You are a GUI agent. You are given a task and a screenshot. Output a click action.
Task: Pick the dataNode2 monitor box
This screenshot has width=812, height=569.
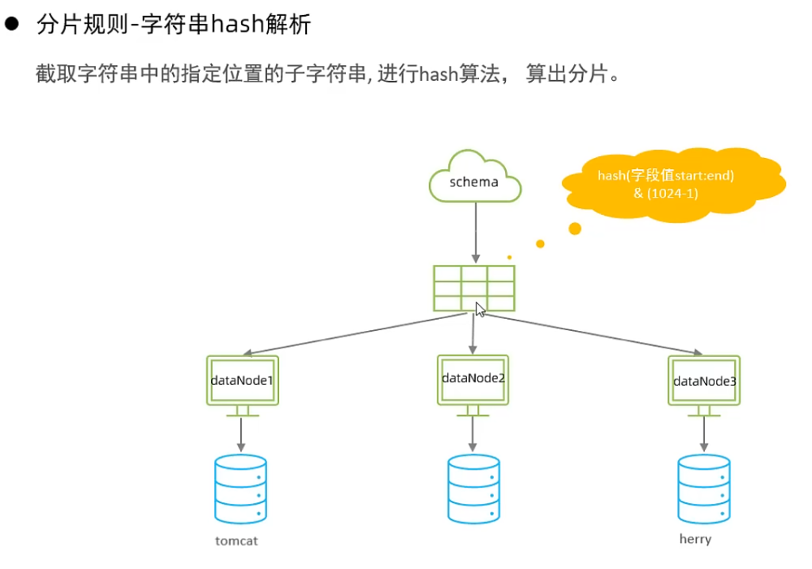click(x=473, y=379)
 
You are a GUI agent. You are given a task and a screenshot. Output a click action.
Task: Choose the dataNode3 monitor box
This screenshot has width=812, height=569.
click(x=704, y=381)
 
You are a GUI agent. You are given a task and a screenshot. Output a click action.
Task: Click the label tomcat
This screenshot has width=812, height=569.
click(x=237, y=541)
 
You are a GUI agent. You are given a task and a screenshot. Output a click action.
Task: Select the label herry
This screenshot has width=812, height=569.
click(x=695, y=539)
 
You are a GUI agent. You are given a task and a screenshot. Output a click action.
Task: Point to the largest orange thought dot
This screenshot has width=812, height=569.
click(x=575, y=229)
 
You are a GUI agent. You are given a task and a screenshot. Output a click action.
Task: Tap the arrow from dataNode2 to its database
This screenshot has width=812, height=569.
click(x=473, y=433)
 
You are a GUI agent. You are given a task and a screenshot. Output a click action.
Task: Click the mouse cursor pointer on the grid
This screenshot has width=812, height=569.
click(x=480, y=309)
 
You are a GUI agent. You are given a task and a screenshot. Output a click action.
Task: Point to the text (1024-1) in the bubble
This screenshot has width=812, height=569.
click(x=666, y=193)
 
